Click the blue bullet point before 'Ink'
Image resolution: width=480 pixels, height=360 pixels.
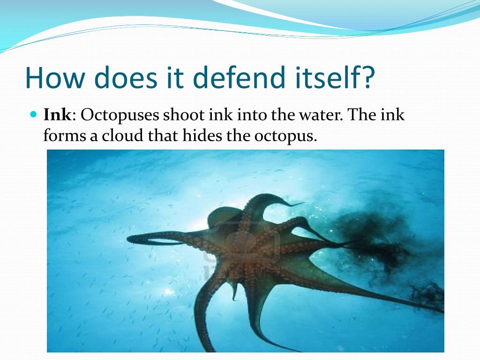coord(33,114)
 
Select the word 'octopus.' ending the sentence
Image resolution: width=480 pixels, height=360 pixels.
coord(286,136)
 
